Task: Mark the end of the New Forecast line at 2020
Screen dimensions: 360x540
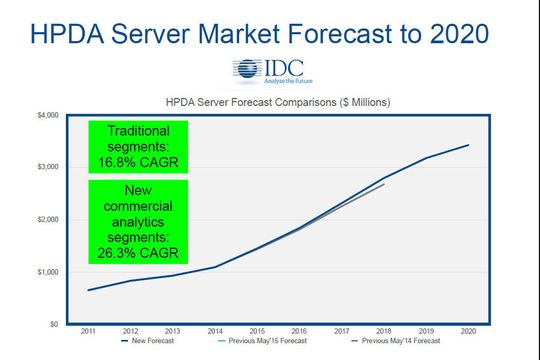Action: click(468, 145)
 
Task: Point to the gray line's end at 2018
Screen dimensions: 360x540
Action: click(384, 184)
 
